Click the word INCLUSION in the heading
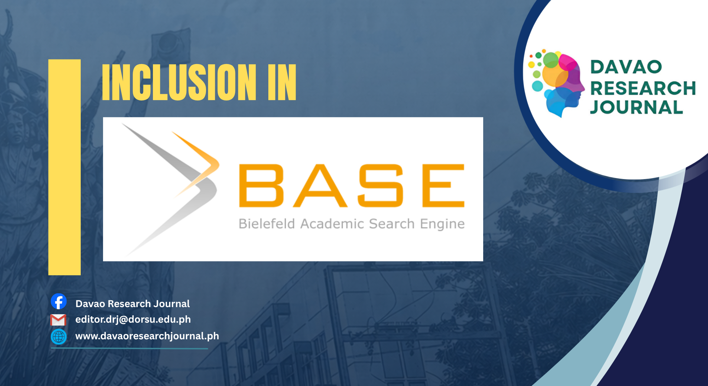click(179, 82)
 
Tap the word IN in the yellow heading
click(282, 82)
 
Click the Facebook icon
click(59, 301)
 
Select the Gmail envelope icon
click(58, 320)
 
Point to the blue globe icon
click(59, 336)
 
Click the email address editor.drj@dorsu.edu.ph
click(133, 319)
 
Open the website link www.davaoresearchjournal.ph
click(147, 336)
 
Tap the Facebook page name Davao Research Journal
click(133, 304)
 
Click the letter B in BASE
click(261, 185)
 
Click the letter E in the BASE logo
click(443, 185)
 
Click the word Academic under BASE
click(332, 224)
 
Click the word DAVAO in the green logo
click(626, 67)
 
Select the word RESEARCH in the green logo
click(643, 88)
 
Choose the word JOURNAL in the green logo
click(636, 107)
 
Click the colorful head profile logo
click(556, 83)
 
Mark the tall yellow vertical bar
click(64, 167)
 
